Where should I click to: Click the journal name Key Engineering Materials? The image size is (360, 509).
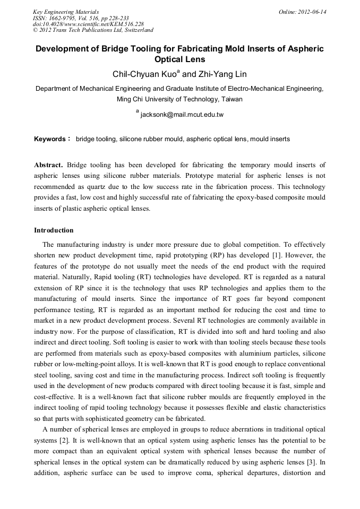(66, 12)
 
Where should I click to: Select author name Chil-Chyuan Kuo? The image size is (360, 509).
(145, 74)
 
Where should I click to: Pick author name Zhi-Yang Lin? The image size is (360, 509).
(222, 74)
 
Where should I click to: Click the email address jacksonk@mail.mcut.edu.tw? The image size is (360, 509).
(182, 114)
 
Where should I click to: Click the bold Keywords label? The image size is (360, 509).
(50, 139)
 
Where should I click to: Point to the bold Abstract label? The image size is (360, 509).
(48, 166)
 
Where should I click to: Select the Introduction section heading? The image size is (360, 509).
(54, 230)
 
